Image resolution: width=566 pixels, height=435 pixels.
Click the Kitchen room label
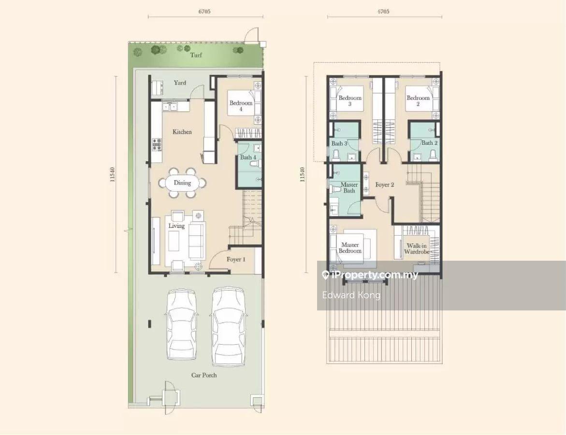[x=182, y=132]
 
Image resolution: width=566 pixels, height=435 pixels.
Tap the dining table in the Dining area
[x=182, y=183]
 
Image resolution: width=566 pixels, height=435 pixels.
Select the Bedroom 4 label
[x=241, y=106]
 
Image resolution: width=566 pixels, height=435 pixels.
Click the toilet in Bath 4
[x=255, y=164]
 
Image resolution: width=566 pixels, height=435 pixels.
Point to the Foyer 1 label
[x=236, y=259]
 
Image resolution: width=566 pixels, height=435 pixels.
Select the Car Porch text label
[x=204, y=375]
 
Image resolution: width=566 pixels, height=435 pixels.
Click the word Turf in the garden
[x=196, y=55]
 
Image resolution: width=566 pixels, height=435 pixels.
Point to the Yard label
[x=180, y=83]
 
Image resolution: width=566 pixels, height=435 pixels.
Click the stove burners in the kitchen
[x=157, y=145]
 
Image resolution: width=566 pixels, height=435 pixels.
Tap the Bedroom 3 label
[x=350, y=100]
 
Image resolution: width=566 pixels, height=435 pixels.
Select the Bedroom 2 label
[x=418, y=100]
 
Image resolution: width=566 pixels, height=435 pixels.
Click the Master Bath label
[x=349, y=187]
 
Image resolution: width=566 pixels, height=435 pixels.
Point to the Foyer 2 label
[x=384, y=185]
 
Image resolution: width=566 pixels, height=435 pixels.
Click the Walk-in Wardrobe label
[x=417, y=249]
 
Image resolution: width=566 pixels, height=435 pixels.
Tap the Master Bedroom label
[x=350, y=248]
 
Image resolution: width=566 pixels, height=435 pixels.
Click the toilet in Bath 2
[x=433, y=154]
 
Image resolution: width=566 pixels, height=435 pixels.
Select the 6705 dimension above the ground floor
[x=204, y=12]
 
